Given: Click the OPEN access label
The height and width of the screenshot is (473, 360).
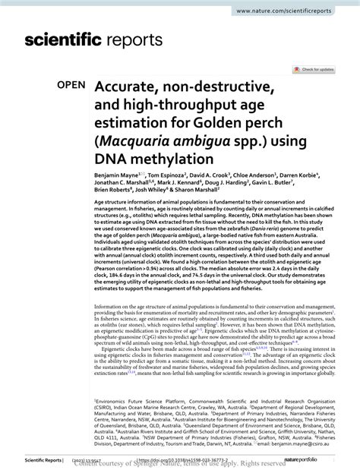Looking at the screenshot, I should pos(71,87).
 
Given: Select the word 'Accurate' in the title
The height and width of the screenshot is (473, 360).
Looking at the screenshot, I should pos(136,87).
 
